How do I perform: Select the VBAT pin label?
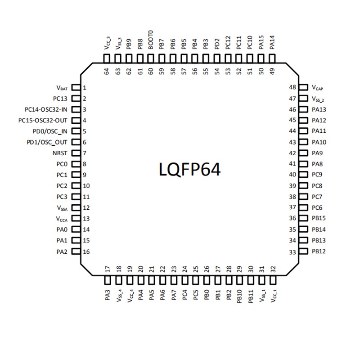point(62,88)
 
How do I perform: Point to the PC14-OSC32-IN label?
point(46,109)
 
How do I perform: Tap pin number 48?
point(292,88)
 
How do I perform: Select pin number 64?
point(107,71)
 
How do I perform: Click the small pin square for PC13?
point(76,99)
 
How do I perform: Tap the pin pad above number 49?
point(272,58)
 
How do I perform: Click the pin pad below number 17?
point(107,281)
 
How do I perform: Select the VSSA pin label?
point(62,208)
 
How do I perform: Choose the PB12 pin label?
point(319,251)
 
